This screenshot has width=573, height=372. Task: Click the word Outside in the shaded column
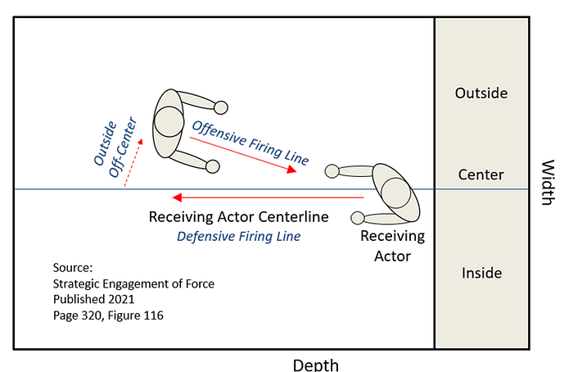[x=481, y=93]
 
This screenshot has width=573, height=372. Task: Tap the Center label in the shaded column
[x=481, y=175]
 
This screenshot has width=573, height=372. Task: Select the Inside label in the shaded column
[x=481, y=273]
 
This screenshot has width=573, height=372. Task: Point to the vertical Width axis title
[x=548, y=183]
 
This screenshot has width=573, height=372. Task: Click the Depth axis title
[x=316, y=365]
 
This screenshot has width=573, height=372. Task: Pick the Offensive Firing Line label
[x=250, y=143]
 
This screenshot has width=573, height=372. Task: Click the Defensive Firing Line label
[x=239, y=236]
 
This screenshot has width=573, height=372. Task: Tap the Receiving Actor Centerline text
[x=239, y=217]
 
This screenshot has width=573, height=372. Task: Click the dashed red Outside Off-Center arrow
[x=133, y=163]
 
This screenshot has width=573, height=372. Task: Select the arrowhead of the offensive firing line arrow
[x=292, y=170]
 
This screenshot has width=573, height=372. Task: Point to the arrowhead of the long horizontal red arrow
[x=177, y=197]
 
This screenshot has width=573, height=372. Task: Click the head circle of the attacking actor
[x=169, y=122]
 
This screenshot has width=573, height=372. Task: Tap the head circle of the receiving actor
[x=395, y=193]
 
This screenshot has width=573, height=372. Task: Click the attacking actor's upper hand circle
[x=221, y=107]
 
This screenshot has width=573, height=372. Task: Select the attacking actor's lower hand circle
[x=213, y=166]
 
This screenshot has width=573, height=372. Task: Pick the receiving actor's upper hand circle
[x=332, y=171]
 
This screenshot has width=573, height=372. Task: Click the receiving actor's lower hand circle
[x=358, y=218]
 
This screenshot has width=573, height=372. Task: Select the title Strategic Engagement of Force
[x=133, y=284]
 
